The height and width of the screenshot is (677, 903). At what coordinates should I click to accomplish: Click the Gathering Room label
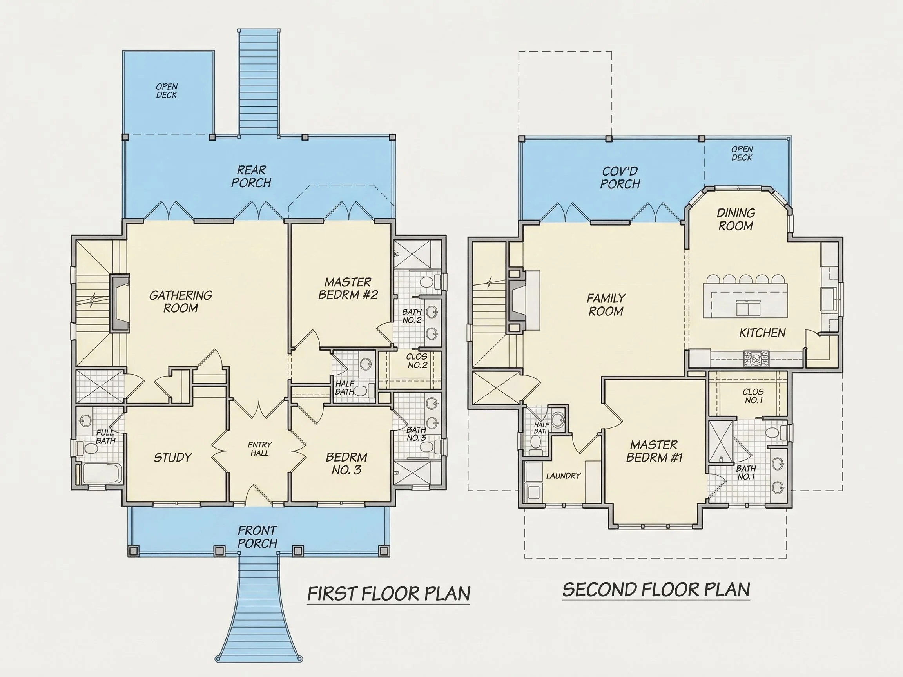[x=180, y=302]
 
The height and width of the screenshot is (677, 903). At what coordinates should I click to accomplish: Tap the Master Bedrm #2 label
[x=348, y=288]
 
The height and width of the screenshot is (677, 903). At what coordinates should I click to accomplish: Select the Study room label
[x=173, y=458]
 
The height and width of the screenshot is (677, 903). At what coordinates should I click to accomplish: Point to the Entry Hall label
[x=259, y=449]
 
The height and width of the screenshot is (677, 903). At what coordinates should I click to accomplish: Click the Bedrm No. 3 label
[x=346, y=463]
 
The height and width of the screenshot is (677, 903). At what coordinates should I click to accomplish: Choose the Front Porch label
[x=257, y=537]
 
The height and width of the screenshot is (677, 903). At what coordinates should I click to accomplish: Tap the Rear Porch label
[x=251, y=176]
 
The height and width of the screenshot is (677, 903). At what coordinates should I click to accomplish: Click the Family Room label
[x=606, y=305]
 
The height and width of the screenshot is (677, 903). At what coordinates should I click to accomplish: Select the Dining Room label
[x=736, y=219]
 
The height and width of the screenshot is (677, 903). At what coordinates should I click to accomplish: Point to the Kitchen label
[x=762, y=333]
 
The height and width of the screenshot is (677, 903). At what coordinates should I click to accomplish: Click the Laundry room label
[x=563, y=476]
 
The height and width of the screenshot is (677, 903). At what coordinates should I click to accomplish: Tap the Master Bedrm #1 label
[x=654, y=451]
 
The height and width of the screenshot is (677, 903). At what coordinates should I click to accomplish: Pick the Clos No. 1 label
[x=753, y=396]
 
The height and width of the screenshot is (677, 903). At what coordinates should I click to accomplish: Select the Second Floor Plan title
[x=656, y=590]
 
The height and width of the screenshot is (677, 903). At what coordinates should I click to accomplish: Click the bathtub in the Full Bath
[x=100, y=474]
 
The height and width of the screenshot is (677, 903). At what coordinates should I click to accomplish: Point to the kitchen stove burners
[x=756, y=358]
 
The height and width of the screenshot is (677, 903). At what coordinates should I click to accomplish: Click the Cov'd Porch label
[x=620, y=178]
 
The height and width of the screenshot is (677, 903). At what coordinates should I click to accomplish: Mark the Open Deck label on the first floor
[x=167, y=91]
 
